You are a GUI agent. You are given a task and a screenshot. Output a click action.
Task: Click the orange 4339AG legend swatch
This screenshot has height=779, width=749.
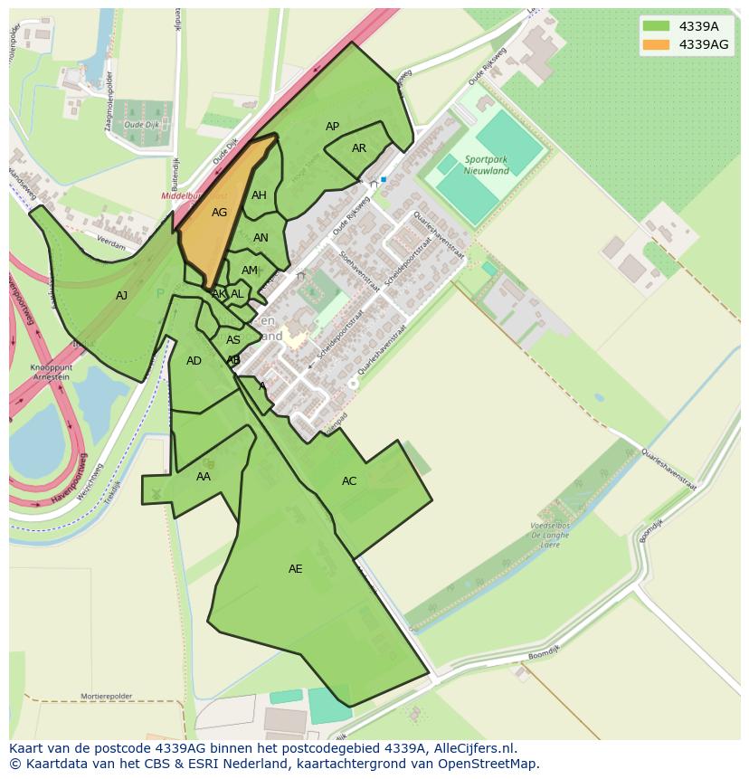657,44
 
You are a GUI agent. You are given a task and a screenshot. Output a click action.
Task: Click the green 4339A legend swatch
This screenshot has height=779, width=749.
657,25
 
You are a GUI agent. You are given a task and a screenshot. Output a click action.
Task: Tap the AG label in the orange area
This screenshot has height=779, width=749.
220,213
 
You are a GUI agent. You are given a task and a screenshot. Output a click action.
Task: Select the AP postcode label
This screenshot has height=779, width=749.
332,127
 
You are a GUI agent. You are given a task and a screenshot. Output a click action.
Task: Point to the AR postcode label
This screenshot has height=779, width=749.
359,148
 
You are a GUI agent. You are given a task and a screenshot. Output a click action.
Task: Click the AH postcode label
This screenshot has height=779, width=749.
259,195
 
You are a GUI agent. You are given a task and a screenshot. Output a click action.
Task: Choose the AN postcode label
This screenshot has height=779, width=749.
261,238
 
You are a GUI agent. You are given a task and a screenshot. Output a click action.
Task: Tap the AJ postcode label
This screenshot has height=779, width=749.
122,295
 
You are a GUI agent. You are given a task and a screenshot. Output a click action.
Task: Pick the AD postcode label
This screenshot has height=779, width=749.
194,361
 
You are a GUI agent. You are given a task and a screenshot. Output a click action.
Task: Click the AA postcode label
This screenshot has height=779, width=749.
204,476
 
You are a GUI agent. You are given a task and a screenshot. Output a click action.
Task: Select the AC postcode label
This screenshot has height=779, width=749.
349,481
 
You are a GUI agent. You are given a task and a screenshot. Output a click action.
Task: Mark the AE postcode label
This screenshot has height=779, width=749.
296,569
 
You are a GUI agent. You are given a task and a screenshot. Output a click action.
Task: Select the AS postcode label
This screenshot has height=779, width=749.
233,340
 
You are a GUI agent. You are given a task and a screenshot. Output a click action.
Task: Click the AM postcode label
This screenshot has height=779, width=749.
250,271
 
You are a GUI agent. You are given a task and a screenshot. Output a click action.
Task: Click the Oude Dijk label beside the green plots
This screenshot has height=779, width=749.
141,124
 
